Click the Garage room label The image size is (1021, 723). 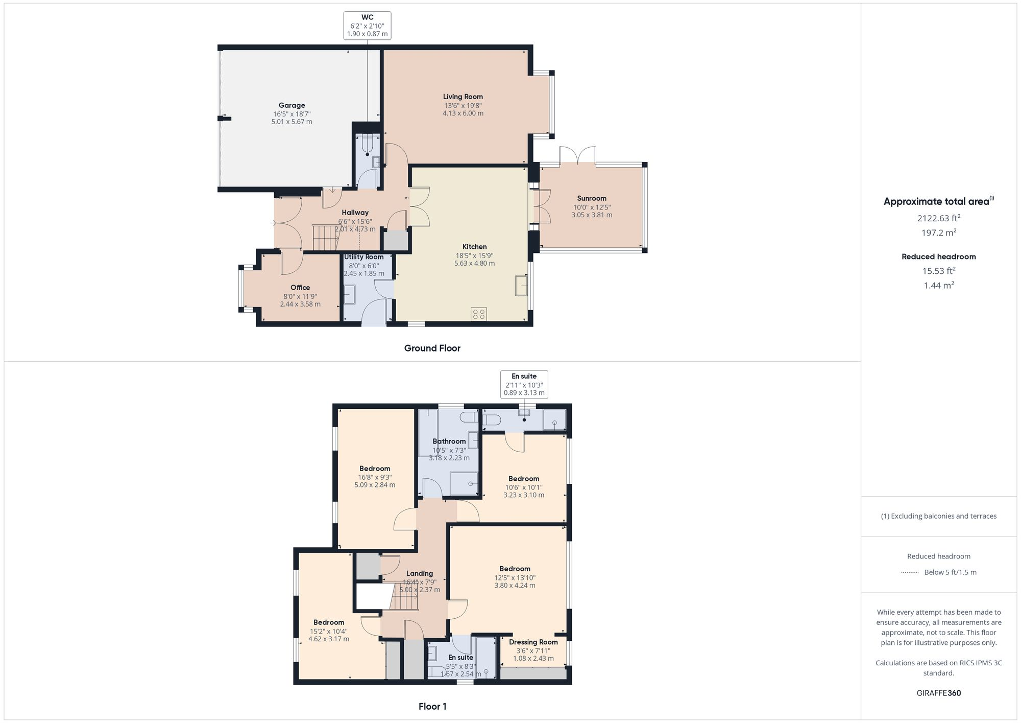tap(291, 105)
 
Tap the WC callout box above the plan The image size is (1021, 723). tap(367, 26)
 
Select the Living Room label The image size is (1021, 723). tap(463, 97)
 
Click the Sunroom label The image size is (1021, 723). tap(592, 198)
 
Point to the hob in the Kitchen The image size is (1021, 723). tap(479, 314)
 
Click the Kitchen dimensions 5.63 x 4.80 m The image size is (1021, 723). tap(474, 264)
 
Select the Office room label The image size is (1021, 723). tap(300, 288)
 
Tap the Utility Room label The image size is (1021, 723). tap(363, 257)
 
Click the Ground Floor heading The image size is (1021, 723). tap(432, 348)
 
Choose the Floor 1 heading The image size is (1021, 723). tap(432, 707)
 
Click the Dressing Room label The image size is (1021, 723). tap(533, 642)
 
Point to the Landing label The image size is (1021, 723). tap(419, 573)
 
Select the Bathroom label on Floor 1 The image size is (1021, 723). tap(449, 441)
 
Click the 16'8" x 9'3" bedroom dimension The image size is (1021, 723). tap(375, 477)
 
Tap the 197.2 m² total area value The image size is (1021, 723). tap(939, 232)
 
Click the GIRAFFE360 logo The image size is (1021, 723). tap(938, 693)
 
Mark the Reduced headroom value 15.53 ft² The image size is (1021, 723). tap(939, 271)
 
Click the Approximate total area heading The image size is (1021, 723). tap(936, 201)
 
